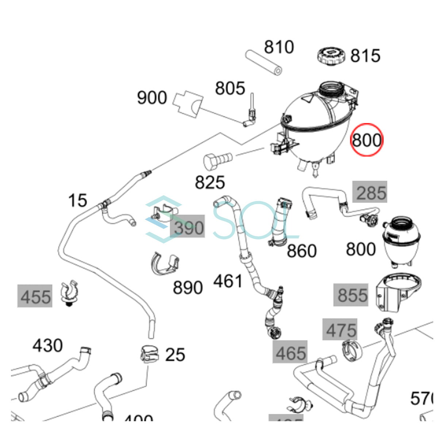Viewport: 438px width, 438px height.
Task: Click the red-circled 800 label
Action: click(366, 140)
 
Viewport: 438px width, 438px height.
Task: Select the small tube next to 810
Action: click(263, 62)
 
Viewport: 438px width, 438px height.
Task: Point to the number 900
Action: click(152, 97)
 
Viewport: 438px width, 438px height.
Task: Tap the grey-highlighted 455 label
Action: click(35, 296)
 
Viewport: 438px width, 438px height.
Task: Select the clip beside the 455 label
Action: click(69, 292)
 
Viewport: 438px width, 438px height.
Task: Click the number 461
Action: click(228, 281)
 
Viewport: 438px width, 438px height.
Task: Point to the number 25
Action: click(175, 354)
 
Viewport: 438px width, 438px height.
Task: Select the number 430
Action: click(47, 345)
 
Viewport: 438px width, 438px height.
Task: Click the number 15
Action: click(77, 200)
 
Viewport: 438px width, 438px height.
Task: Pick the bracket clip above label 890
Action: click(165, 262)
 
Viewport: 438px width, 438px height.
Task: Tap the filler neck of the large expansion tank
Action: click(331, 89)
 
